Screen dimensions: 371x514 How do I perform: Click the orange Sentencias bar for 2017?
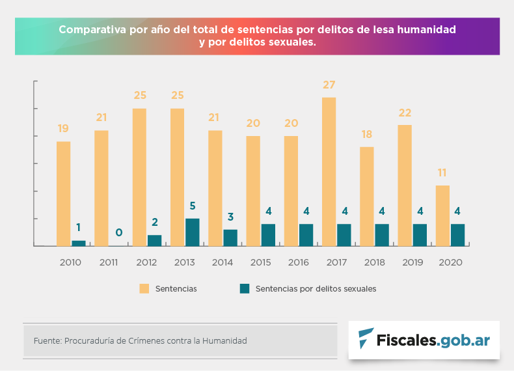click(329, 171)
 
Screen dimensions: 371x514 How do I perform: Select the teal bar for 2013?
click(193, 232)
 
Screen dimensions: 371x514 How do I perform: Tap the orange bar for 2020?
click(442, 215)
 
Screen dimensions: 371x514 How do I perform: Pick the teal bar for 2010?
click(79, 243)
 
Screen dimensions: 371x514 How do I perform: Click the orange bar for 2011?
click(101, 188)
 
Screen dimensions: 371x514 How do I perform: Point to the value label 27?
click(329, 85)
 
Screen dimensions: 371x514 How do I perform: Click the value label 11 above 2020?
click(442, 173)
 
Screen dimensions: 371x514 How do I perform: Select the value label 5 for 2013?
click(193, 206)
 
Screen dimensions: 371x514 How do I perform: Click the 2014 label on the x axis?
click(223, 262)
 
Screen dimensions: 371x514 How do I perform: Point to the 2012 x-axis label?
click(147, 262)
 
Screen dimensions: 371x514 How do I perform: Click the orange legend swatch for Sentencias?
click(144, 288)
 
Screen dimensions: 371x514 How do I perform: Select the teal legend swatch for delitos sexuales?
click(245, 288)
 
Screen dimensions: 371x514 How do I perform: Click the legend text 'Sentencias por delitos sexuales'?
click(316, 288)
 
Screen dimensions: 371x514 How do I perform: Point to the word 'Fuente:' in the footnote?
click(47, 340)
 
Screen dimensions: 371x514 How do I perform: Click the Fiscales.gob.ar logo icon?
click(366, 338)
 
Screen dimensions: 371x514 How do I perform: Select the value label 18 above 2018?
click(366, 135)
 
